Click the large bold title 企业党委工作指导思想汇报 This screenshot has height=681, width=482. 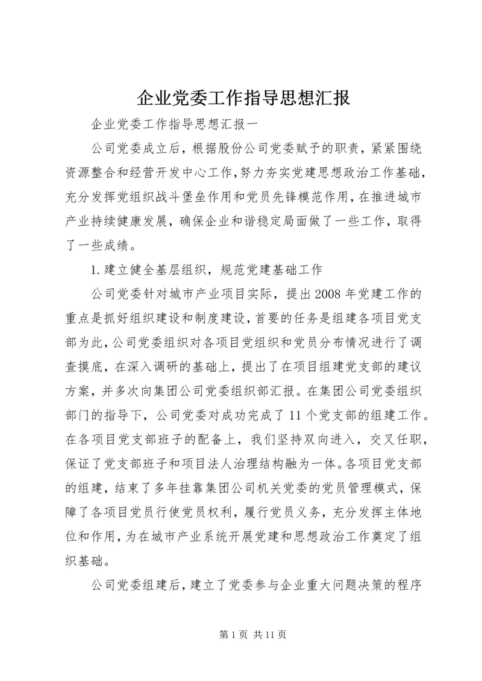240,98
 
